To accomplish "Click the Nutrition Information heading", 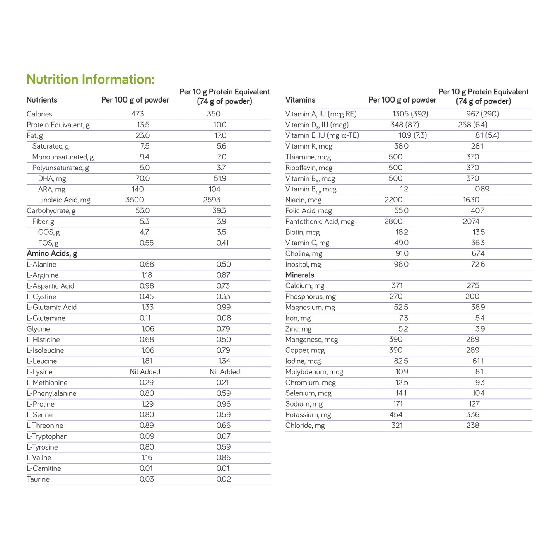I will click(91, 79).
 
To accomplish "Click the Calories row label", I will click(39, 114).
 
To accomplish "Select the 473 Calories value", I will click(137, 114).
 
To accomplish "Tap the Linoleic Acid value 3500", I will click(135, 200).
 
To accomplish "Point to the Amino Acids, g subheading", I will click(52, 254).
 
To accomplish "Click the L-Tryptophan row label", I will click(47, 436).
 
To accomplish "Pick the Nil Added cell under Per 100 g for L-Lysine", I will click(145, 372).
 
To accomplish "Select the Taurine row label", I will click(38, 479).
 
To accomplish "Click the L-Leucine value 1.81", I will click(147, 361).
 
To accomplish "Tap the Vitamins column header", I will click(300, 100).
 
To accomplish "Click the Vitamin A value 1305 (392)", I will click(410, 114).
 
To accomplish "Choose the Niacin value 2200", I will click(393, 200).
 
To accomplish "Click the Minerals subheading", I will click(300, 275).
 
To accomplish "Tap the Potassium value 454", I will click(396, 415).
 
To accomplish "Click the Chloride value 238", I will click(473, 426).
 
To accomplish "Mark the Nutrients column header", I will click(42, 100).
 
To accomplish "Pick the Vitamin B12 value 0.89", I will click(482, 189).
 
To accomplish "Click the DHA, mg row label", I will click(52, 179).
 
